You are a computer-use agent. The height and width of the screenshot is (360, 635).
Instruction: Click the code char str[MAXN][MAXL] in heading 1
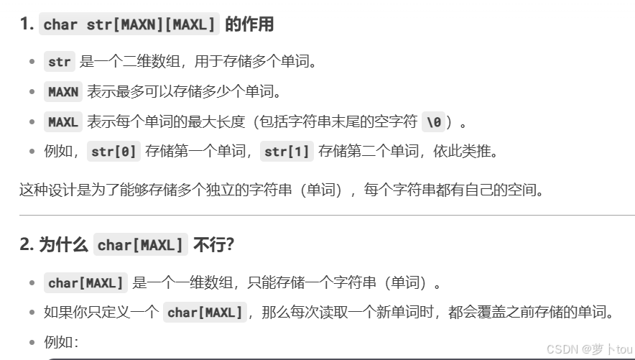(x=129, y=24)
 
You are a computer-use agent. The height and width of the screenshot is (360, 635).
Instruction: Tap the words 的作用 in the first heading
(x=249, y=24)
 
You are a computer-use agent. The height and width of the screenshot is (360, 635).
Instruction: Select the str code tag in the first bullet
(x=60, y=62)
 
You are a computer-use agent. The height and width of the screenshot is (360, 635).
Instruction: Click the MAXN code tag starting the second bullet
(x=63, y=92)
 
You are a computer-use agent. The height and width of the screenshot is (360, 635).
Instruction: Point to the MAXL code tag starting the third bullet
(x=63, y=122)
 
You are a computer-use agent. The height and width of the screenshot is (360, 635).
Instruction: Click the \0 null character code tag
(x=433, y=122)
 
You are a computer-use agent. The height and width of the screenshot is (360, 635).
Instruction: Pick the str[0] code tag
(x=113, y=152)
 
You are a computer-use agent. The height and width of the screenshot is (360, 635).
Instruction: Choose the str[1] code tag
(x=286, y=152)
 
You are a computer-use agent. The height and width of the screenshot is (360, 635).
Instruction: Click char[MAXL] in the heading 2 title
(x=141, y=245)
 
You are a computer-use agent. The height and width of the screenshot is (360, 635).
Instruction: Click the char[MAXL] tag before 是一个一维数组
(x=86, y=283)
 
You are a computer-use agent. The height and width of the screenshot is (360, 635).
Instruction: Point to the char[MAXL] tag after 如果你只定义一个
(x=205, y=313)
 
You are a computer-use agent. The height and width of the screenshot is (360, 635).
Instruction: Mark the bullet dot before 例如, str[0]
(x=32, y=152)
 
